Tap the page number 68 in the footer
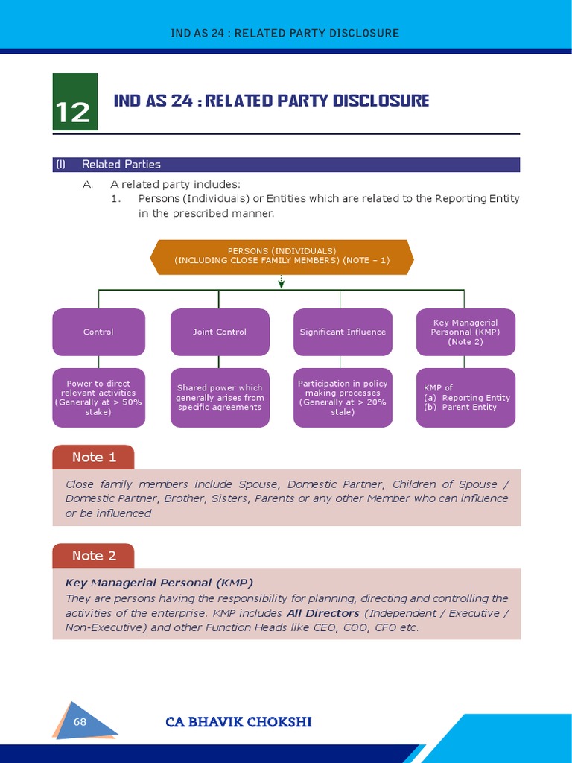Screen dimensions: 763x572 (80, 721)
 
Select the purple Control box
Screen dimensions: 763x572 (98, 332)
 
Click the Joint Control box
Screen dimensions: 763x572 (219, 332)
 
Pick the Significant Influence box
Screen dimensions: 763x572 (343, 332)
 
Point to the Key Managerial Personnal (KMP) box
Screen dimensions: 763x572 (465, 332)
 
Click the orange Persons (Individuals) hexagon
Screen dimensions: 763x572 (282, 256)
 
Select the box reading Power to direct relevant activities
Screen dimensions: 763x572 (98, 398)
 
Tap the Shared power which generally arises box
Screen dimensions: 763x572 (219, 398)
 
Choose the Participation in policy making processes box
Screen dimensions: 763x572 (343, 398)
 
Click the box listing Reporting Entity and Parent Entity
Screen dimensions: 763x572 (465, 398)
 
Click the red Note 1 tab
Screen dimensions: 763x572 (93, 457)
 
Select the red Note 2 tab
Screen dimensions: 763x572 (93, 555)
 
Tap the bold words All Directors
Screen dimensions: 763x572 (322, 613)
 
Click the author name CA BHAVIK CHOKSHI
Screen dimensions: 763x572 (238, 721)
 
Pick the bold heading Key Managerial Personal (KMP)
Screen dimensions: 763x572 (159, 583)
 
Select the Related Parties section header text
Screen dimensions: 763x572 (121, 164)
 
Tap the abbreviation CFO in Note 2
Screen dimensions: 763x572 (385, 627)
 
